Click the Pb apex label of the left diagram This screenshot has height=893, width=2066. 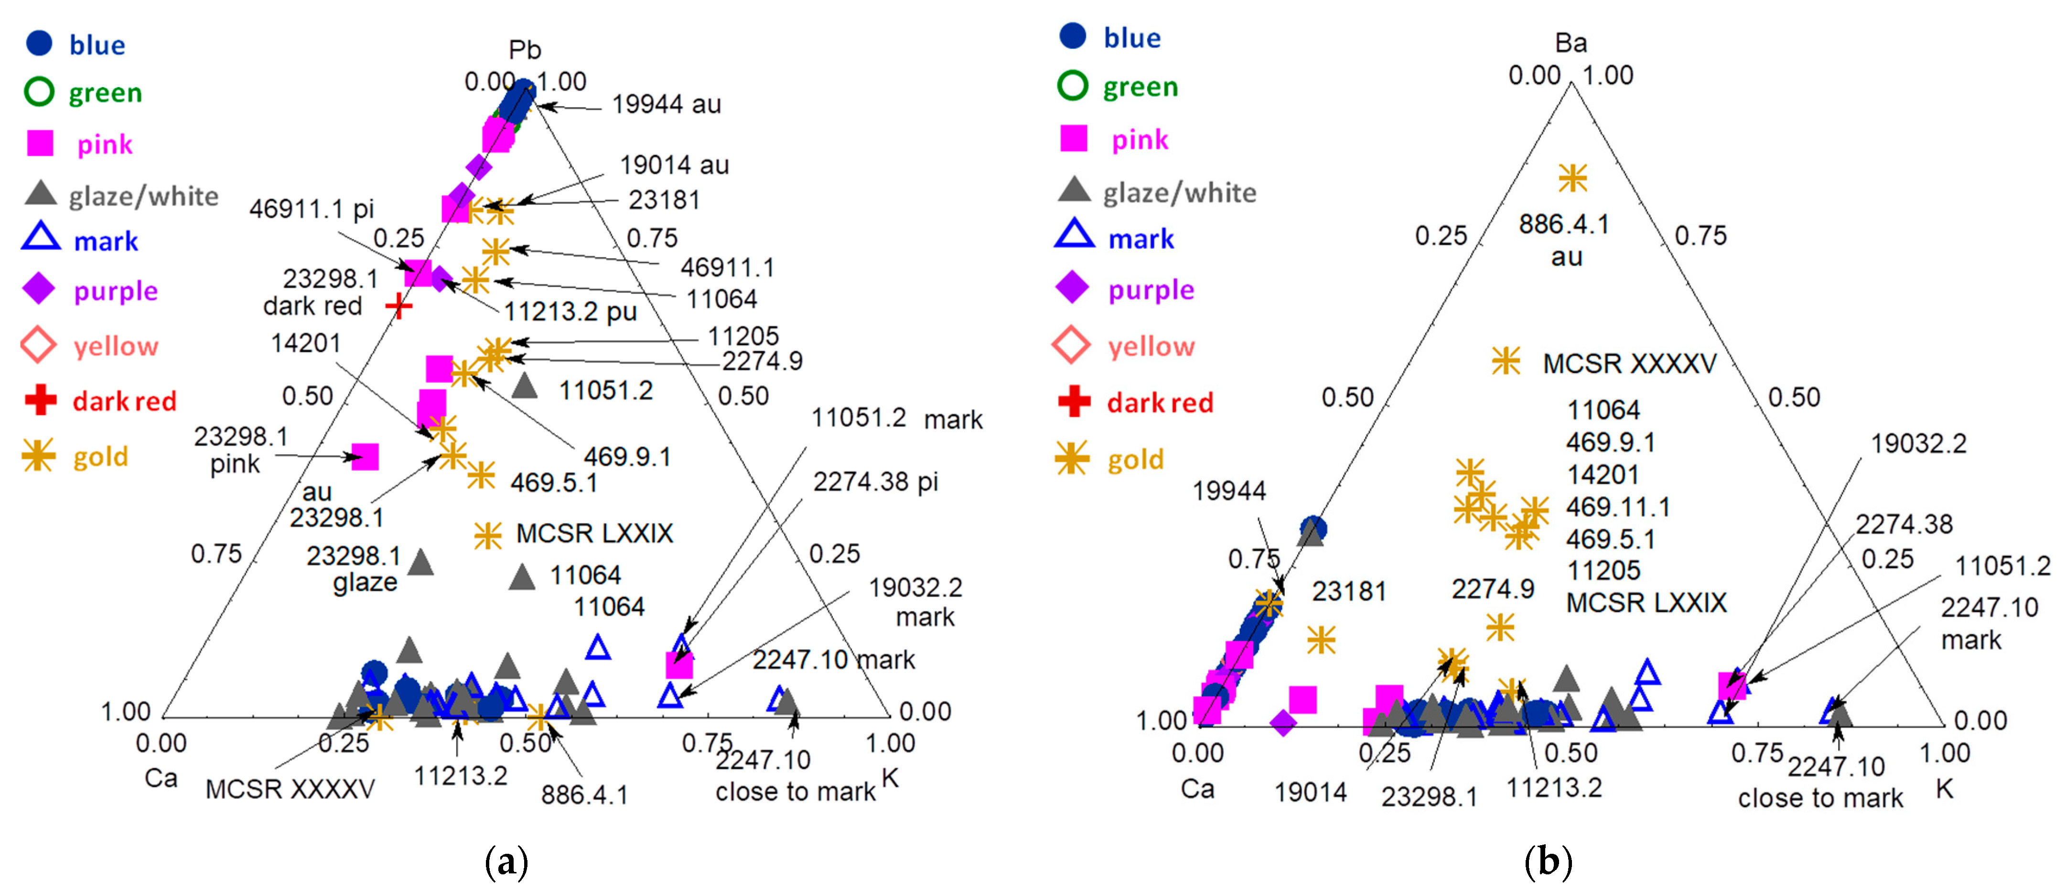(525, 50)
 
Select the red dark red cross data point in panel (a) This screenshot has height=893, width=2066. (398, 305)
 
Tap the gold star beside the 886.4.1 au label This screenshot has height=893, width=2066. (1572, 178)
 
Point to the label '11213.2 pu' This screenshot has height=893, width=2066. (570, 311)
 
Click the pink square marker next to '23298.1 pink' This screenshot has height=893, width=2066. (365, 457)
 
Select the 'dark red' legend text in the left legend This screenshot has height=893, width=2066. (124, 401)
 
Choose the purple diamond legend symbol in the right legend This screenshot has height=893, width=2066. (1073, 288)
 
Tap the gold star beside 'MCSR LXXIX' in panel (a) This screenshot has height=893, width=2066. (487, 535)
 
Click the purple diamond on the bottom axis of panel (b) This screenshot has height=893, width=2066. (1283, 723)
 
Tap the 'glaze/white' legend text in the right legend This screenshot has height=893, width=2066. (1179, 193)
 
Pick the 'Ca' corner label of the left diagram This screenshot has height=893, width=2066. (161, 778)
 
